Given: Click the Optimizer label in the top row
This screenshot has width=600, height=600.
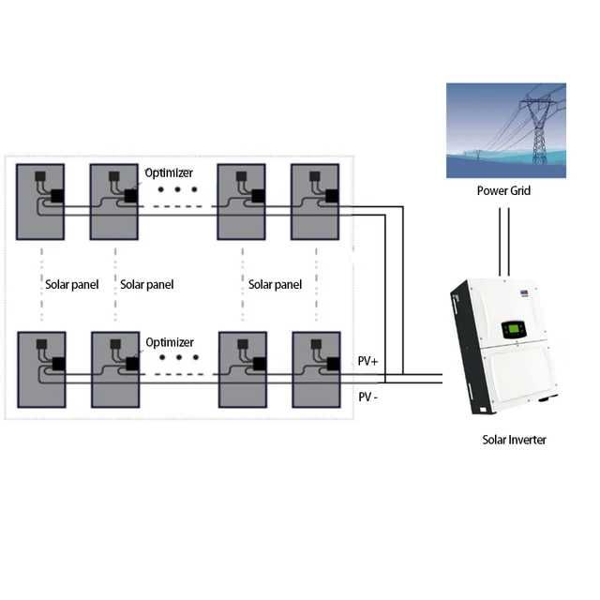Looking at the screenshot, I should pos(169,172).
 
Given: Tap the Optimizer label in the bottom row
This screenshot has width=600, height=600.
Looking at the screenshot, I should pos(169,341).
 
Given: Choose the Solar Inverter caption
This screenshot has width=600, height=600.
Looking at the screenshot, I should pos(514,440).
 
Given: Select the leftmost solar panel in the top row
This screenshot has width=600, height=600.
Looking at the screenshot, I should pos(40,203).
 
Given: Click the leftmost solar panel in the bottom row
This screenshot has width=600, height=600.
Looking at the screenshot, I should pos(40,370).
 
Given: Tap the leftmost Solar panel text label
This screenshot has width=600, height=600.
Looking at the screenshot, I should pos(71,284).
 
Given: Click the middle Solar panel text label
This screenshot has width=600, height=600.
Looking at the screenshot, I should pos(147,284).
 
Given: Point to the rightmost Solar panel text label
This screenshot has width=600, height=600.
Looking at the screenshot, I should pos(275,284).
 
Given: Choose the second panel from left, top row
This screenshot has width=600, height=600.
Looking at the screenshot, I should pos(114,203).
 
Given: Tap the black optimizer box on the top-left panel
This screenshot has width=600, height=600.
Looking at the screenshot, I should pos(58,197).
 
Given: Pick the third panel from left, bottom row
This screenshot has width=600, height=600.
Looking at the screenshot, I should pos(242,370).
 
